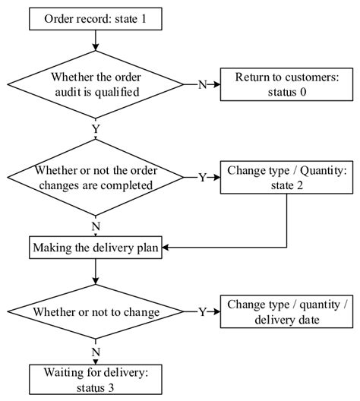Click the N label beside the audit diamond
click(x=202, y=84)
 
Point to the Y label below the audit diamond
click(x=96, y=130)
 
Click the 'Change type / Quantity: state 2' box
click(x=286, y=177)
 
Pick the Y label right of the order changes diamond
click(x=202, y=177)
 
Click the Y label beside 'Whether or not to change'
click(x=202, y=311)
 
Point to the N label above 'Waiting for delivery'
click(x=96, y=352)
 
